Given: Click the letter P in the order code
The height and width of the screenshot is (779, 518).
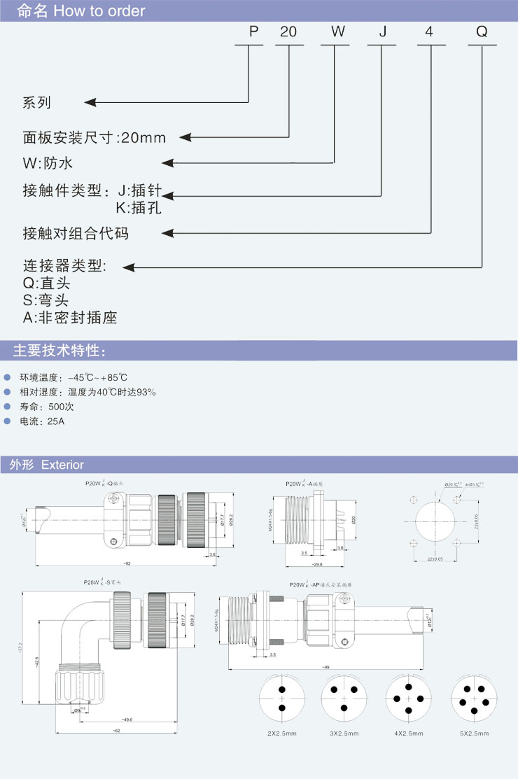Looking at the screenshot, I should point(253,32).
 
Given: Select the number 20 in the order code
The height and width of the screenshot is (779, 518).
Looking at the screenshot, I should point(288,32).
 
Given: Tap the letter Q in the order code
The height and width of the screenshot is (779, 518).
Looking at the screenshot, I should point(482,32).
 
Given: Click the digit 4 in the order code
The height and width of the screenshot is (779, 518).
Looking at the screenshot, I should point(429,32).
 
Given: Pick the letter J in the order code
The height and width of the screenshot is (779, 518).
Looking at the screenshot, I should point(382,32).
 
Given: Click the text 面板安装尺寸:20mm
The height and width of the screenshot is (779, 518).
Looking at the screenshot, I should point(94,137).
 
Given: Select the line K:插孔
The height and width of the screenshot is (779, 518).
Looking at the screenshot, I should point(139,207).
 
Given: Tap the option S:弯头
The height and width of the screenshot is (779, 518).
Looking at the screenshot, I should point(46,300).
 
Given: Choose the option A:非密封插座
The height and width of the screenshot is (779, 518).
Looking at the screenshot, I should point(70,317).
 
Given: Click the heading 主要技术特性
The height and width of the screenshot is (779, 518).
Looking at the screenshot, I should point(60,351).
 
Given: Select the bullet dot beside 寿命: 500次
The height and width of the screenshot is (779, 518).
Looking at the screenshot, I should point(8,406).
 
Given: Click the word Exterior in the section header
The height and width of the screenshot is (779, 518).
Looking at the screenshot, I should point(62,465).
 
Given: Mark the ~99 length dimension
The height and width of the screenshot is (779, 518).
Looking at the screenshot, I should point(326,668).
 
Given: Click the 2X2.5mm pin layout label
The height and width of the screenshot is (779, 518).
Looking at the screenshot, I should point(282,733).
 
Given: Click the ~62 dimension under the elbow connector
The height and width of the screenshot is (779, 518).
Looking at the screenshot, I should point(116,731).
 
